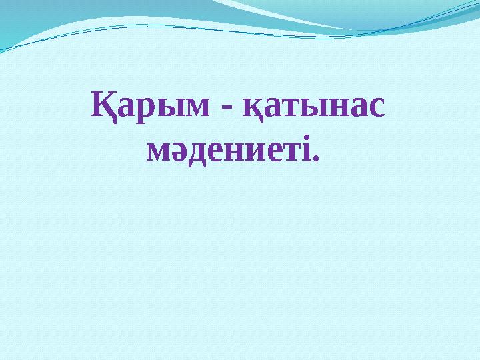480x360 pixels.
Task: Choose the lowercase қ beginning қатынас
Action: (x=253, y=109)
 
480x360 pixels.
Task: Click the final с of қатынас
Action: (x=376, y=107)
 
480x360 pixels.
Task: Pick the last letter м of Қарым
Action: (x=197, y=107)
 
